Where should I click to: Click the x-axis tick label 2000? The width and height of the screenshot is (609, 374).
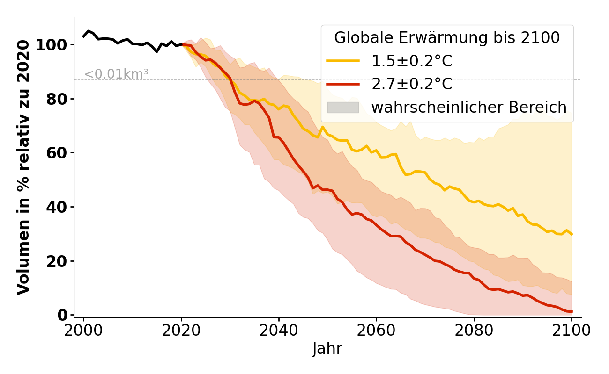pyautogui.click(x=83, y=331)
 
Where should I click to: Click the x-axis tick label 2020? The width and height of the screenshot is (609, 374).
pyautogui.click(x=181, y=331)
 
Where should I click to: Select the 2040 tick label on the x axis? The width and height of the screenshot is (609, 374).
pyautogui.click(x=279, y=331)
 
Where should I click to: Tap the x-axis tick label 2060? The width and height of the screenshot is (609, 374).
pyautogui.click(x=376, y=331)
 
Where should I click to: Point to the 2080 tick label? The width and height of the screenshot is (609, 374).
pyautogui.click(x=474, y=331)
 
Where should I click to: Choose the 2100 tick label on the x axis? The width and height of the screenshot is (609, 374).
pyautogui.click(x=572, y=331)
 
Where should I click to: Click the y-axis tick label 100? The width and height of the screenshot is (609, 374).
pyautogui.click(x=58, y=45)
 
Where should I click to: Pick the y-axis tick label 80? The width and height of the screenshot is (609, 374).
pyautogui.click(x=62, y=99)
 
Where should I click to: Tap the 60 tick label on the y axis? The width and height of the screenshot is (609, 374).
pyautogui.click(x=62, y=153)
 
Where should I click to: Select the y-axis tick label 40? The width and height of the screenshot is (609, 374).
pyautogui.click(x=62, y=207)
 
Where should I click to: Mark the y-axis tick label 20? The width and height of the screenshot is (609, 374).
pyautogui.click(x=62, y=261)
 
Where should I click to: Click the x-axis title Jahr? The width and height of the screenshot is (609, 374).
pyautogui.click(x=327, y=349)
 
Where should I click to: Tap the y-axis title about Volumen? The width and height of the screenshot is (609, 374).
pyautogui.click(x=23, y=167)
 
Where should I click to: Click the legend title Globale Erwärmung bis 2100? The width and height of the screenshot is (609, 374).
pyautogui.click(x=447, y=38)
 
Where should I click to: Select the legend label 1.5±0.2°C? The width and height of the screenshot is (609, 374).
pyautogui.click(x=412, y=61)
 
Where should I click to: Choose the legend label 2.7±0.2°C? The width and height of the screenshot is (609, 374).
pyautogui.click(x=412, y=84)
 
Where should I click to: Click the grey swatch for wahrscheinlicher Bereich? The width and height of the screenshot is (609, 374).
pyautogui.click(x=343, y=108)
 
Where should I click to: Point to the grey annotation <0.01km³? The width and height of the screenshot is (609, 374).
pyautogui.click(x=116, y=74)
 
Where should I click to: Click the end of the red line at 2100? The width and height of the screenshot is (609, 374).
pyautogui.click(x=572, y=312)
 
